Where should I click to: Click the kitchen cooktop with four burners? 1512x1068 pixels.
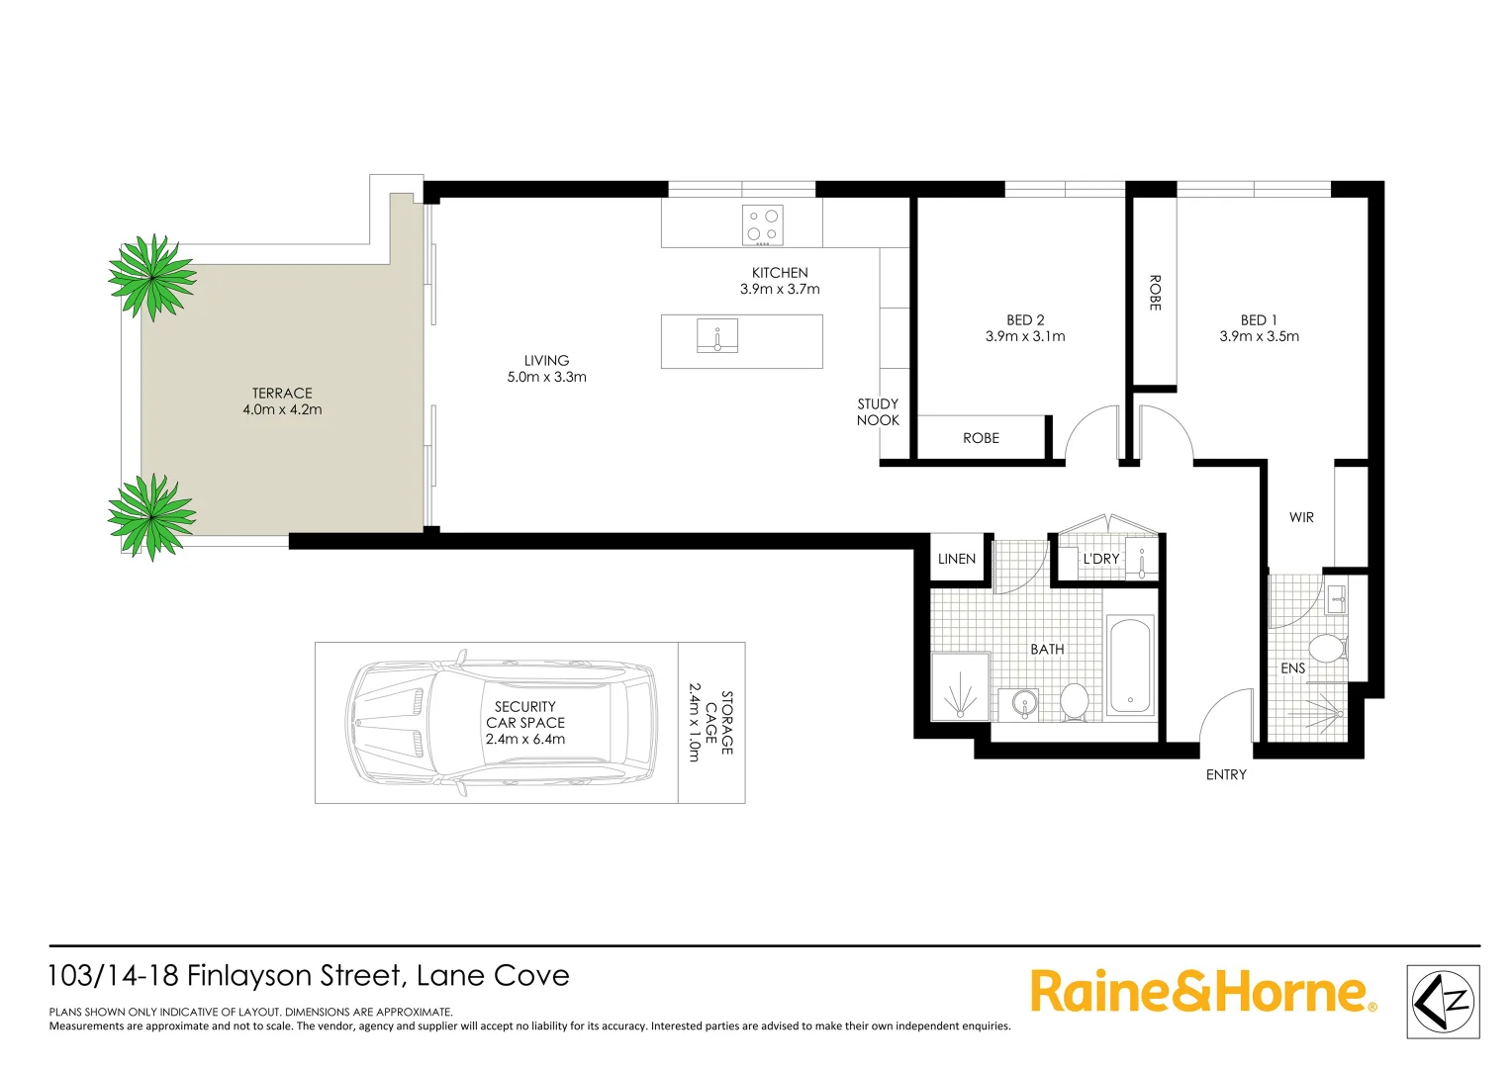pos(763,225)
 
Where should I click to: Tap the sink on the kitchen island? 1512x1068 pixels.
pos(716,335)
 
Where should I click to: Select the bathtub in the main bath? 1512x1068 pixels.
pos(1129,666)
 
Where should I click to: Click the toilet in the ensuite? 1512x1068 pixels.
pos(1326,649)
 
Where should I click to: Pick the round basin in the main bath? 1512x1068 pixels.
pos(1024,704)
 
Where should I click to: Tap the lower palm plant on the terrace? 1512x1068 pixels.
pos(151,516)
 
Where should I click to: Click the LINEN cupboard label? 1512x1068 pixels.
pos(957,559)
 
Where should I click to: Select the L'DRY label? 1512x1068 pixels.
pos(1100,559)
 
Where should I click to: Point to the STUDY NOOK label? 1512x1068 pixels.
pos(878,411)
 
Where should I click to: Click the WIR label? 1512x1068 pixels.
pos(1301,517)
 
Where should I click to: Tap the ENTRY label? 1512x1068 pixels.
pos(1226,774)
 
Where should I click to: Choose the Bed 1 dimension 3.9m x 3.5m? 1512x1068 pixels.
pos(1259,336)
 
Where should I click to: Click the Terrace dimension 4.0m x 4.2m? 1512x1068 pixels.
pos(282,409)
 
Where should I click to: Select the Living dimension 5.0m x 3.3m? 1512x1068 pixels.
pos(546,377)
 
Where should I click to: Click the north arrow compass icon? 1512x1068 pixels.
pos(1443,1001)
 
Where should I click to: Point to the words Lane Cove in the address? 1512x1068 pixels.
pos(493,976)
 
